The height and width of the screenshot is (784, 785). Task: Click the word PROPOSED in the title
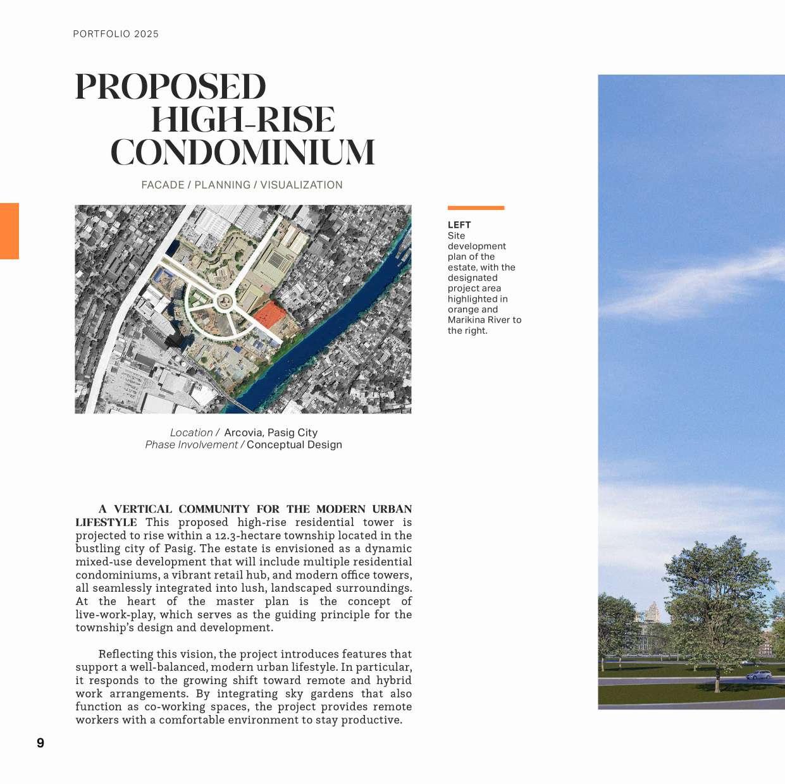click(x=170, y=87)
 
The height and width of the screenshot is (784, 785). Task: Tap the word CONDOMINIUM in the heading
click(x=243, y=153)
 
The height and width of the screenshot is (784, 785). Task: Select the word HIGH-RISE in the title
click(x=243, y=120)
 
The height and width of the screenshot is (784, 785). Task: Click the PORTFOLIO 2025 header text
click(x=116, y=34)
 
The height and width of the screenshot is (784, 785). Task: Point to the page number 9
click(x=40, y=743)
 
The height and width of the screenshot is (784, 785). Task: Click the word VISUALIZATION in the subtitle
click(x=301, y=185)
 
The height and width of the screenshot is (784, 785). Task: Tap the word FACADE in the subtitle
click(x=163, y=185)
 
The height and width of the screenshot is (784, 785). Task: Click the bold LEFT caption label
click(x=459, y=225)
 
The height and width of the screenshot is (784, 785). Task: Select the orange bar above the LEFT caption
click(x=476, y=207)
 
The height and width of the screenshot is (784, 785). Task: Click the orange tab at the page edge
click(x=9, y=231)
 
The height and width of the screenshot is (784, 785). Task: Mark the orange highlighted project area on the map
click(x=269, y=314)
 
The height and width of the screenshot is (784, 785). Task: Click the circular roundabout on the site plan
click(x=223, y=302)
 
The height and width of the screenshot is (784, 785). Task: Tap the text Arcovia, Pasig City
click(x=271, y=432)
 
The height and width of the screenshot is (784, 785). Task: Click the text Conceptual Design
click(x=294, y=444)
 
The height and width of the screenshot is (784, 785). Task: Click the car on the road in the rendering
click(x=758, y=675)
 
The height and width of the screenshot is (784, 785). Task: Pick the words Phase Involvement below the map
click(x=191, y=444)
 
